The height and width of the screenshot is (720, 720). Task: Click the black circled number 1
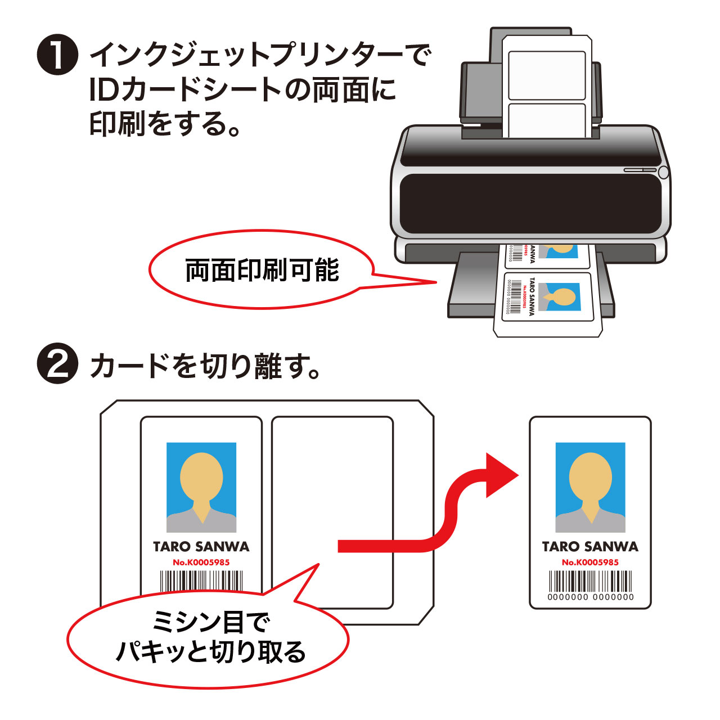(57, 55)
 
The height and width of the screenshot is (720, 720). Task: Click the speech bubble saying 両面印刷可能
(262, 270)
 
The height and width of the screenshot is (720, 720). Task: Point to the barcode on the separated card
(590, 580)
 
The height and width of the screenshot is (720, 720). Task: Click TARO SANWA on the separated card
(590, 546)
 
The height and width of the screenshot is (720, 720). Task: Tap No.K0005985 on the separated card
(590, 562)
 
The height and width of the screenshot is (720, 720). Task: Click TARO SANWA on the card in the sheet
(201, 546)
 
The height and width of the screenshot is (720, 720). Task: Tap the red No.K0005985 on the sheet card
(201, 562)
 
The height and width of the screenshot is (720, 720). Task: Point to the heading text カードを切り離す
(205, 366)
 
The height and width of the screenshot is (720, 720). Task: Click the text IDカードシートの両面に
(242, 90)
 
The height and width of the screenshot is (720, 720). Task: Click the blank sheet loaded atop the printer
(547, 84)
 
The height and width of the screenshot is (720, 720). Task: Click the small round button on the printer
(663, 172)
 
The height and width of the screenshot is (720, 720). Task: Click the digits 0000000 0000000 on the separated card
(590, 597)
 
